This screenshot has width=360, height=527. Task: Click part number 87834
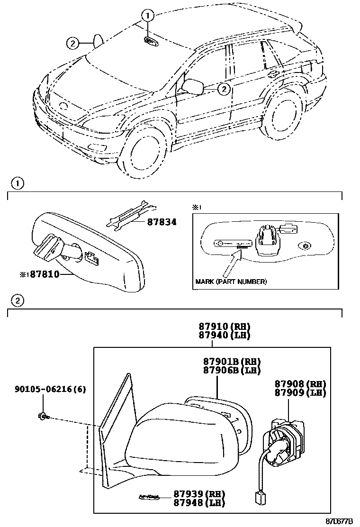pyautogui.click(x=149, y=222)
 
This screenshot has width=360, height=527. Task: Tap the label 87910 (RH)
pyautogui.click(x=224, y=327)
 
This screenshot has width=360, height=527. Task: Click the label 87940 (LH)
pyautogui.click(x=224, y=335)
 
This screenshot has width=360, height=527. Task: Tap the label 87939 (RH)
pyautogui.click(x=198, y=494)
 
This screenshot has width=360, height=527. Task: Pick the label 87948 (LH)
pyautogui.click(x=198, y=503)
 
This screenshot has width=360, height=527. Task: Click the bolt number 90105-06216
pyautogui.click(x=50, y=389)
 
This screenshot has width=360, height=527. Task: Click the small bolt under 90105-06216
pyautogui.click(x=42, y=417)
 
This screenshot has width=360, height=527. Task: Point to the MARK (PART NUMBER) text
pyautogui.click(x=231, y=282)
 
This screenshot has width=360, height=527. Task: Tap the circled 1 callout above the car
pyautogui.click(x=148, y=15)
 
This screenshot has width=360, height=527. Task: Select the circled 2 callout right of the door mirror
pyautogui.click(x=224, y=88)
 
